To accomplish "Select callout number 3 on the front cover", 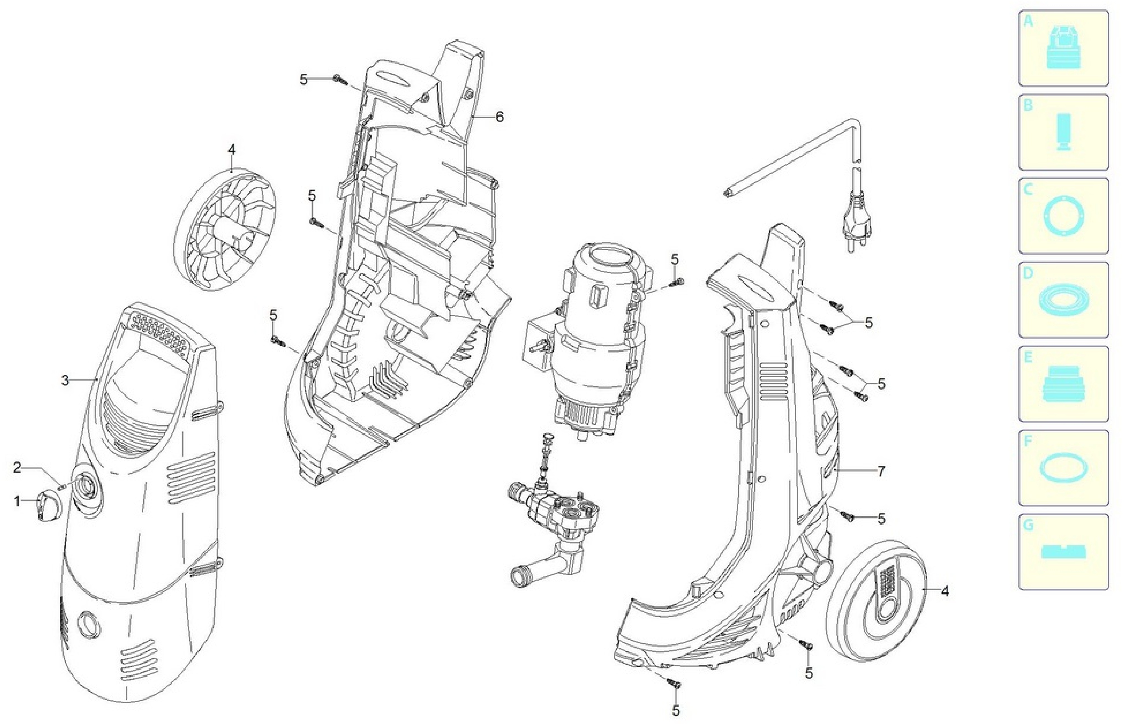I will point(65,380).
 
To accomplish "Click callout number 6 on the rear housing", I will point(499,117).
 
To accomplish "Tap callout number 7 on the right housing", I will point(881,471).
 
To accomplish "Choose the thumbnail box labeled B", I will point(1063,132).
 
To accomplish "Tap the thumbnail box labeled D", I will point(1063,300).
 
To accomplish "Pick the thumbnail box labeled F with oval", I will point(1063,468).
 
